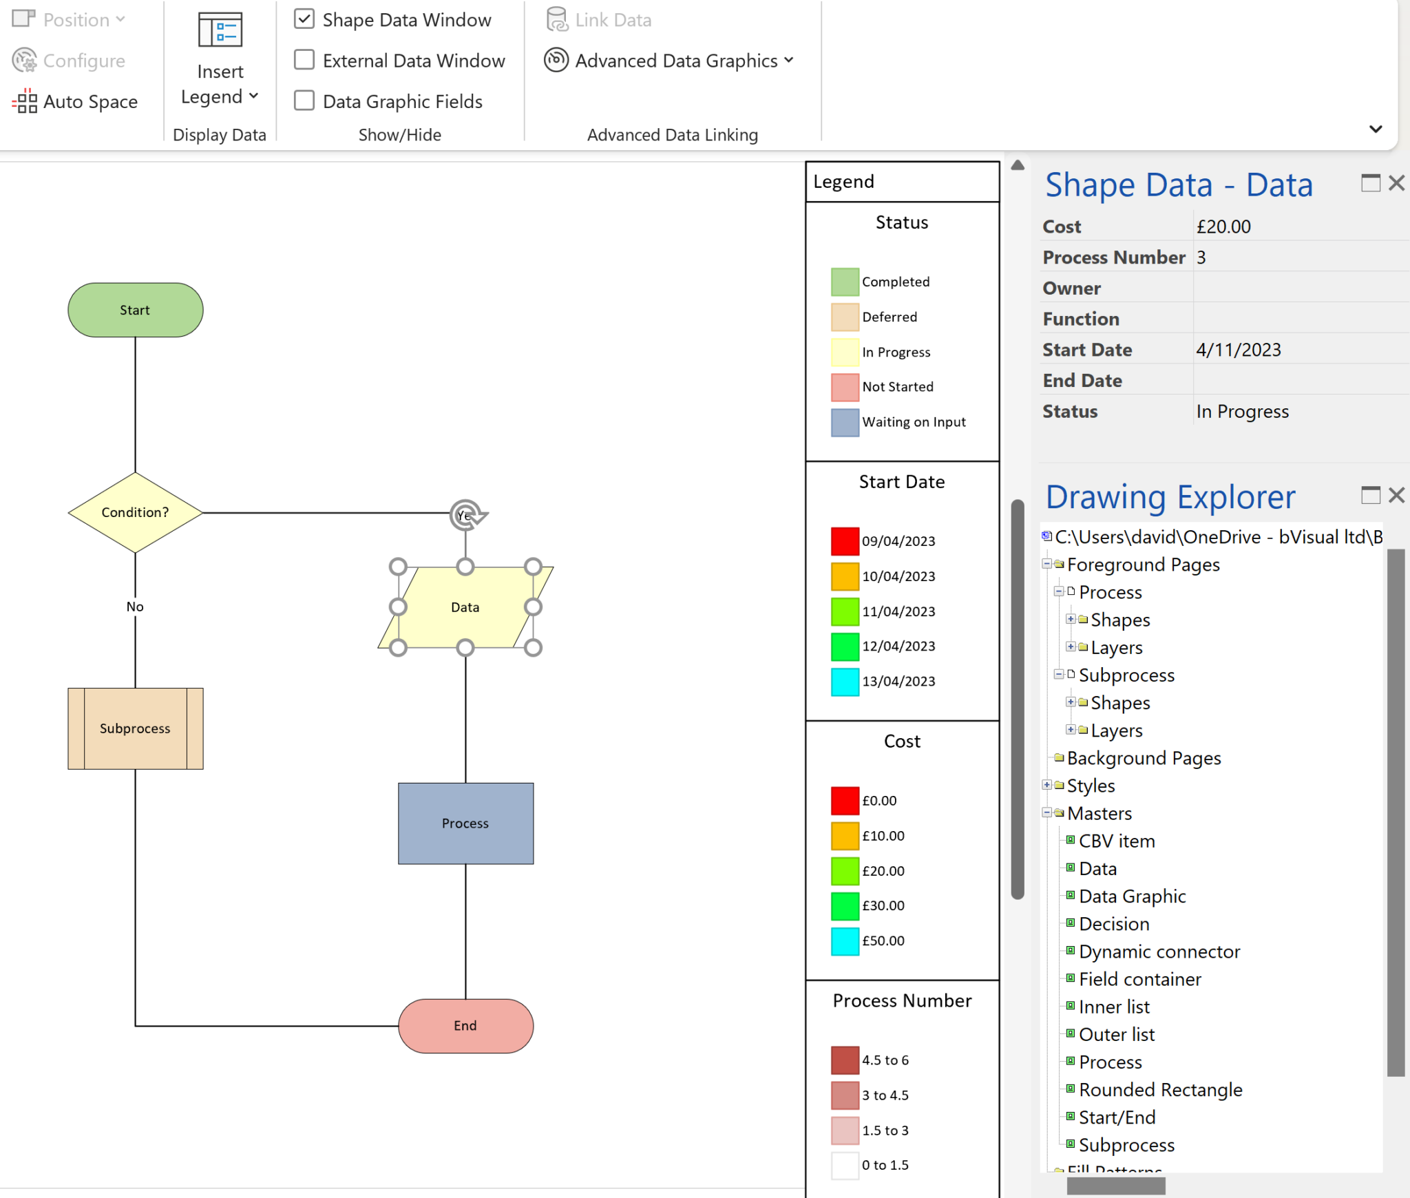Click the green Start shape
click(x=135, y=310)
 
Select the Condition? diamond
click(x=135, y=512)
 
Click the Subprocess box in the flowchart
click(x=135, y=728)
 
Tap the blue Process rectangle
click(x=465, y=823)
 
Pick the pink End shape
click(x=465, y=1026)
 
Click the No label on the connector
click(x=135, y=607)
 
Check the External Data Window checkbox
click(x=304, y=60)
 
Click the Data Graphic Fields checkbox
click(x=304, y=101)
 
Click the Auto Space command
click(x=76, y=102)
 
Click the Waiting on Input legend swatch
click(x=845, y=422)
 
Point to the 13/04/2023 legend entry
click(x=898, y=682)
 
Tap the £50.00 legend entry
click(x=883, y=941)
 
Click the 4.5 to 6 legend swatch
click(x=845, y=1060)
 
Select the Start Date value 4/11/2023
click(x=1238, y=350)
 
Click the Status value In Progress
click(x=1242, y=412)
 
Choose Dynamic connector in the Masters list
click(x=1159, y=952)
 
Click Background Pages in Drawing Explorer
click(x=1144, y=758)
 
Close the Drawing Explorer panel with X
click(x=1396, y=495)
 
